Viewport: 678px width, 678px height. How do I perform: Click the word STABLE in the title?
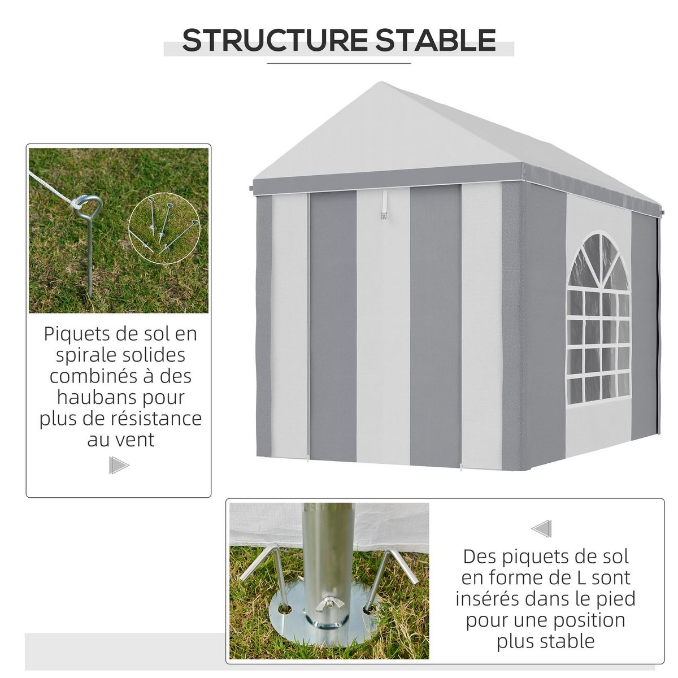click(436, 40)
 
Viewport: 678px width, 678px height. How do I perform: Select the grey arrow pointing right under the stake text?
click(119, 466)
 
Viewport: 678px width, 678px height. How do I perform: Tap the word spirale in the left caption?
click(86, 355)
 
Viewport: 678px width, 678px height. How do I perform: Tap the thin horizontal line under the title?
click(339, 64)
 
